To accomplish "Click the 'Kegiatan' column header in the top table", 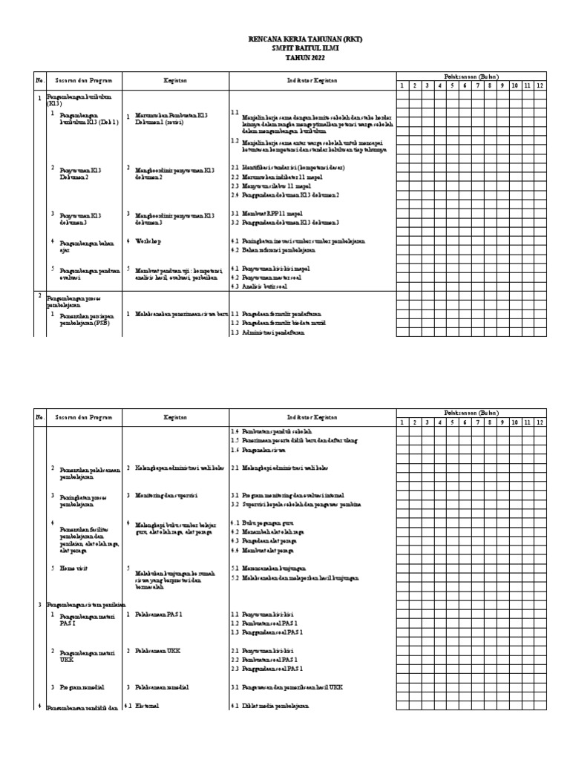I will [175, 80].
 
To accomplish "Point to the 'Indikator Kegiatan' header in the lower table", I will [312, 418].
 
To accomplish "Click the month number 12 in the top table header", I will [540, 85].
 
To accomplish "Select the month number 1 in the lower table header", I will [402, 422].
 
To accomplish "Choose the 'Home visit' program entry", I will [73, 568].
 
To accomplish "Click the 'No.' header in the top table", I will [40, 80].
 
